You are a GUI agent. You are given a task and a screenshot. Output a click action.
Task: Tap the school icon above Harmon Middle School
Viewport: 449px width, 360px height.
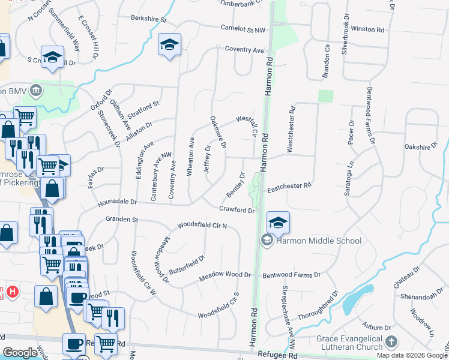coord(277,223)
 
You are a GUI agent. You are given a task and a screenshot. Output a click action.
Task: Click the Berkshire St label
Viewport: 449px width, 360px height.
coord(149,19)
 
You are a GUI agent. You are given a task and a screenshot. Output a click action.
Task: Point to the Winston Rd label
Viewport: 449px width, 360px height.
coord(367,29)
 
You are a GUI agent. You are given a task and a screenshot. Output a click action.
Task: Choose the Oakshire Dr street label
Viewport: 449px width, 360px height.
coord(423,145)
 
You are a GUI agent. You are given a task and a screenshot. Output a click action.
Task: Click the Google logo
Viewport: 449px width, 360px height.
coord(20,353)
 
